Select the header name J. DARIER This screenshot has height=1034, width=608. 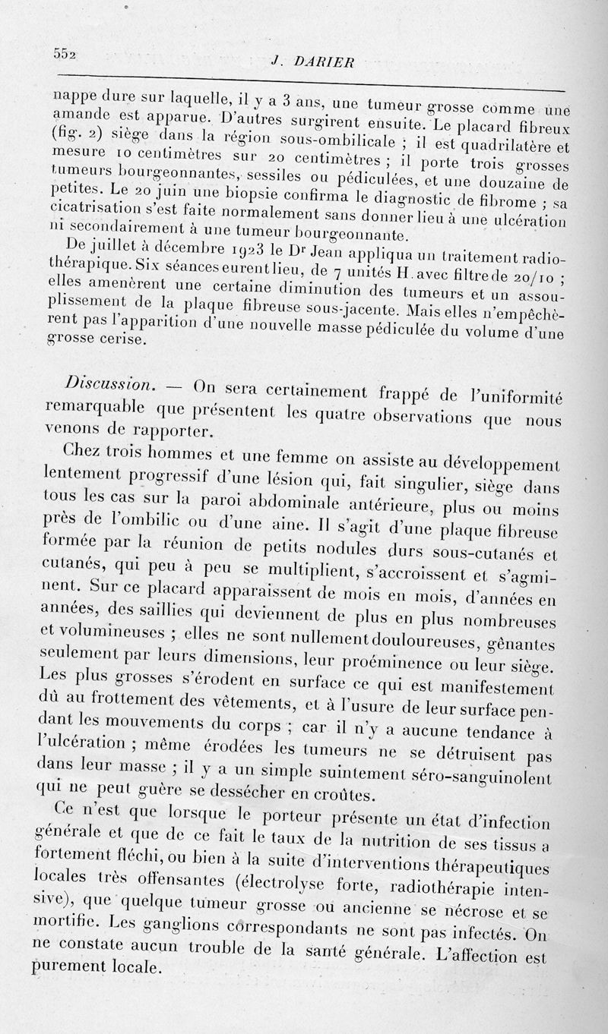click(312, 63)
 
